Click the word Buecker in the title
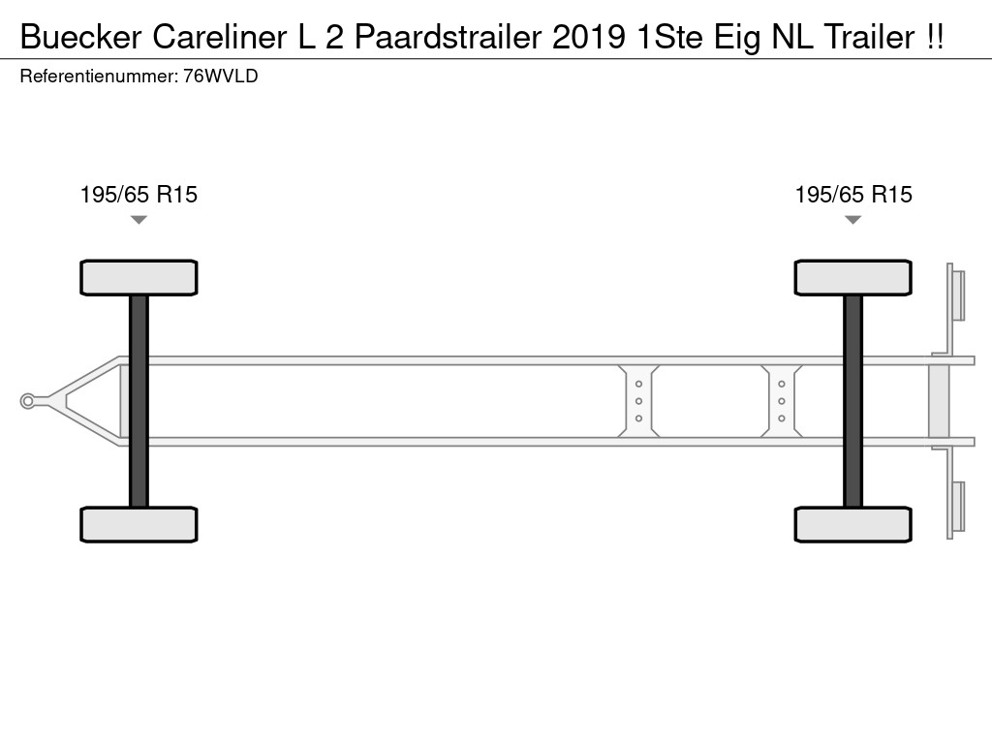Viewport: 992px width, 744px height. click(x=81, y=37)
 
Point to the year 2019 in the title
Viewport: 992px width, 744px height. click(x=589, y=37)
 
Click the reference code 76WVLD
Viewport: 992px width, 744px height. click(x=221, y=77)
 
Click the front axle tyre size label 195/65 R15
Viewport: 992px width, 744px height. click(x=139, y=195)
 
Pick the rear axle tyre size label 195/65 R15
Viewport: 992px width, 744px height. click(x=853, y=195)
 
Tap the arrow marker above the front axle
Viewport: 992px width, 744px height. click(x=139, y=220)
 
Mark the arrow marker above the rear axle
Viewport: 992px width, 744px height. click(x=852, y=220)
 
